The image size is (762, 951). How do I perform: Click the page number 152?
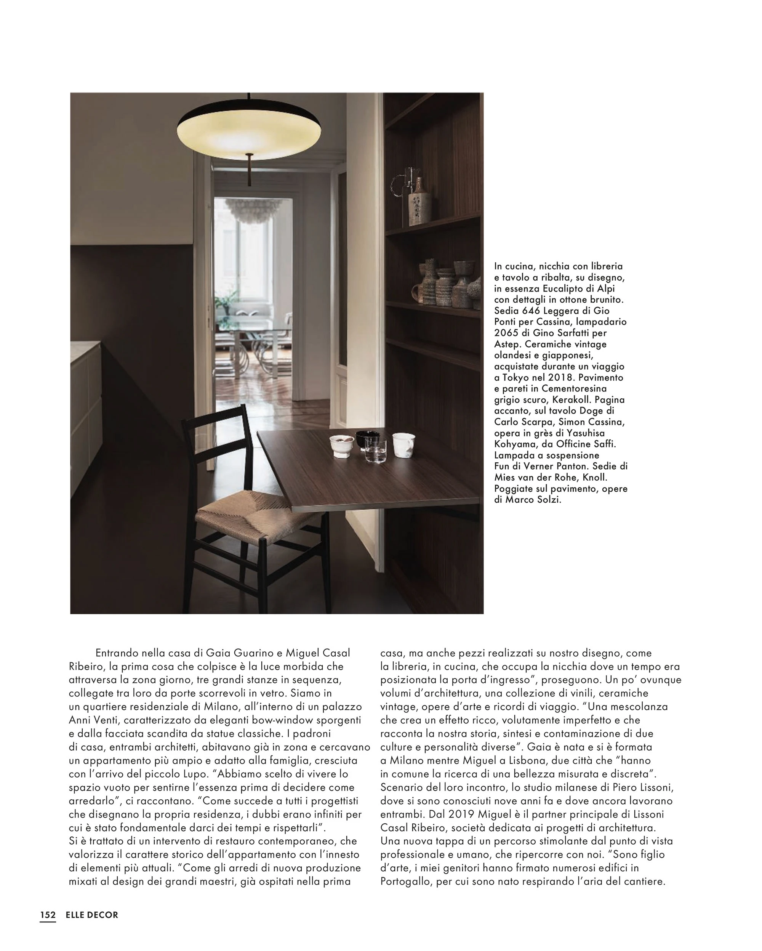[48, 914]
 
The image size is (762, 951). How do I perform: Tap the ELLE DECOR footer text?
[92, 914]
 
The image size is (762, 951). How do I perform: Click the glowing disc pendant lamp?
[248, 132]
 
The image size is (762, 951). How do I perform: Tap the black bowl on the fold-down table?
[368, 438]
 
